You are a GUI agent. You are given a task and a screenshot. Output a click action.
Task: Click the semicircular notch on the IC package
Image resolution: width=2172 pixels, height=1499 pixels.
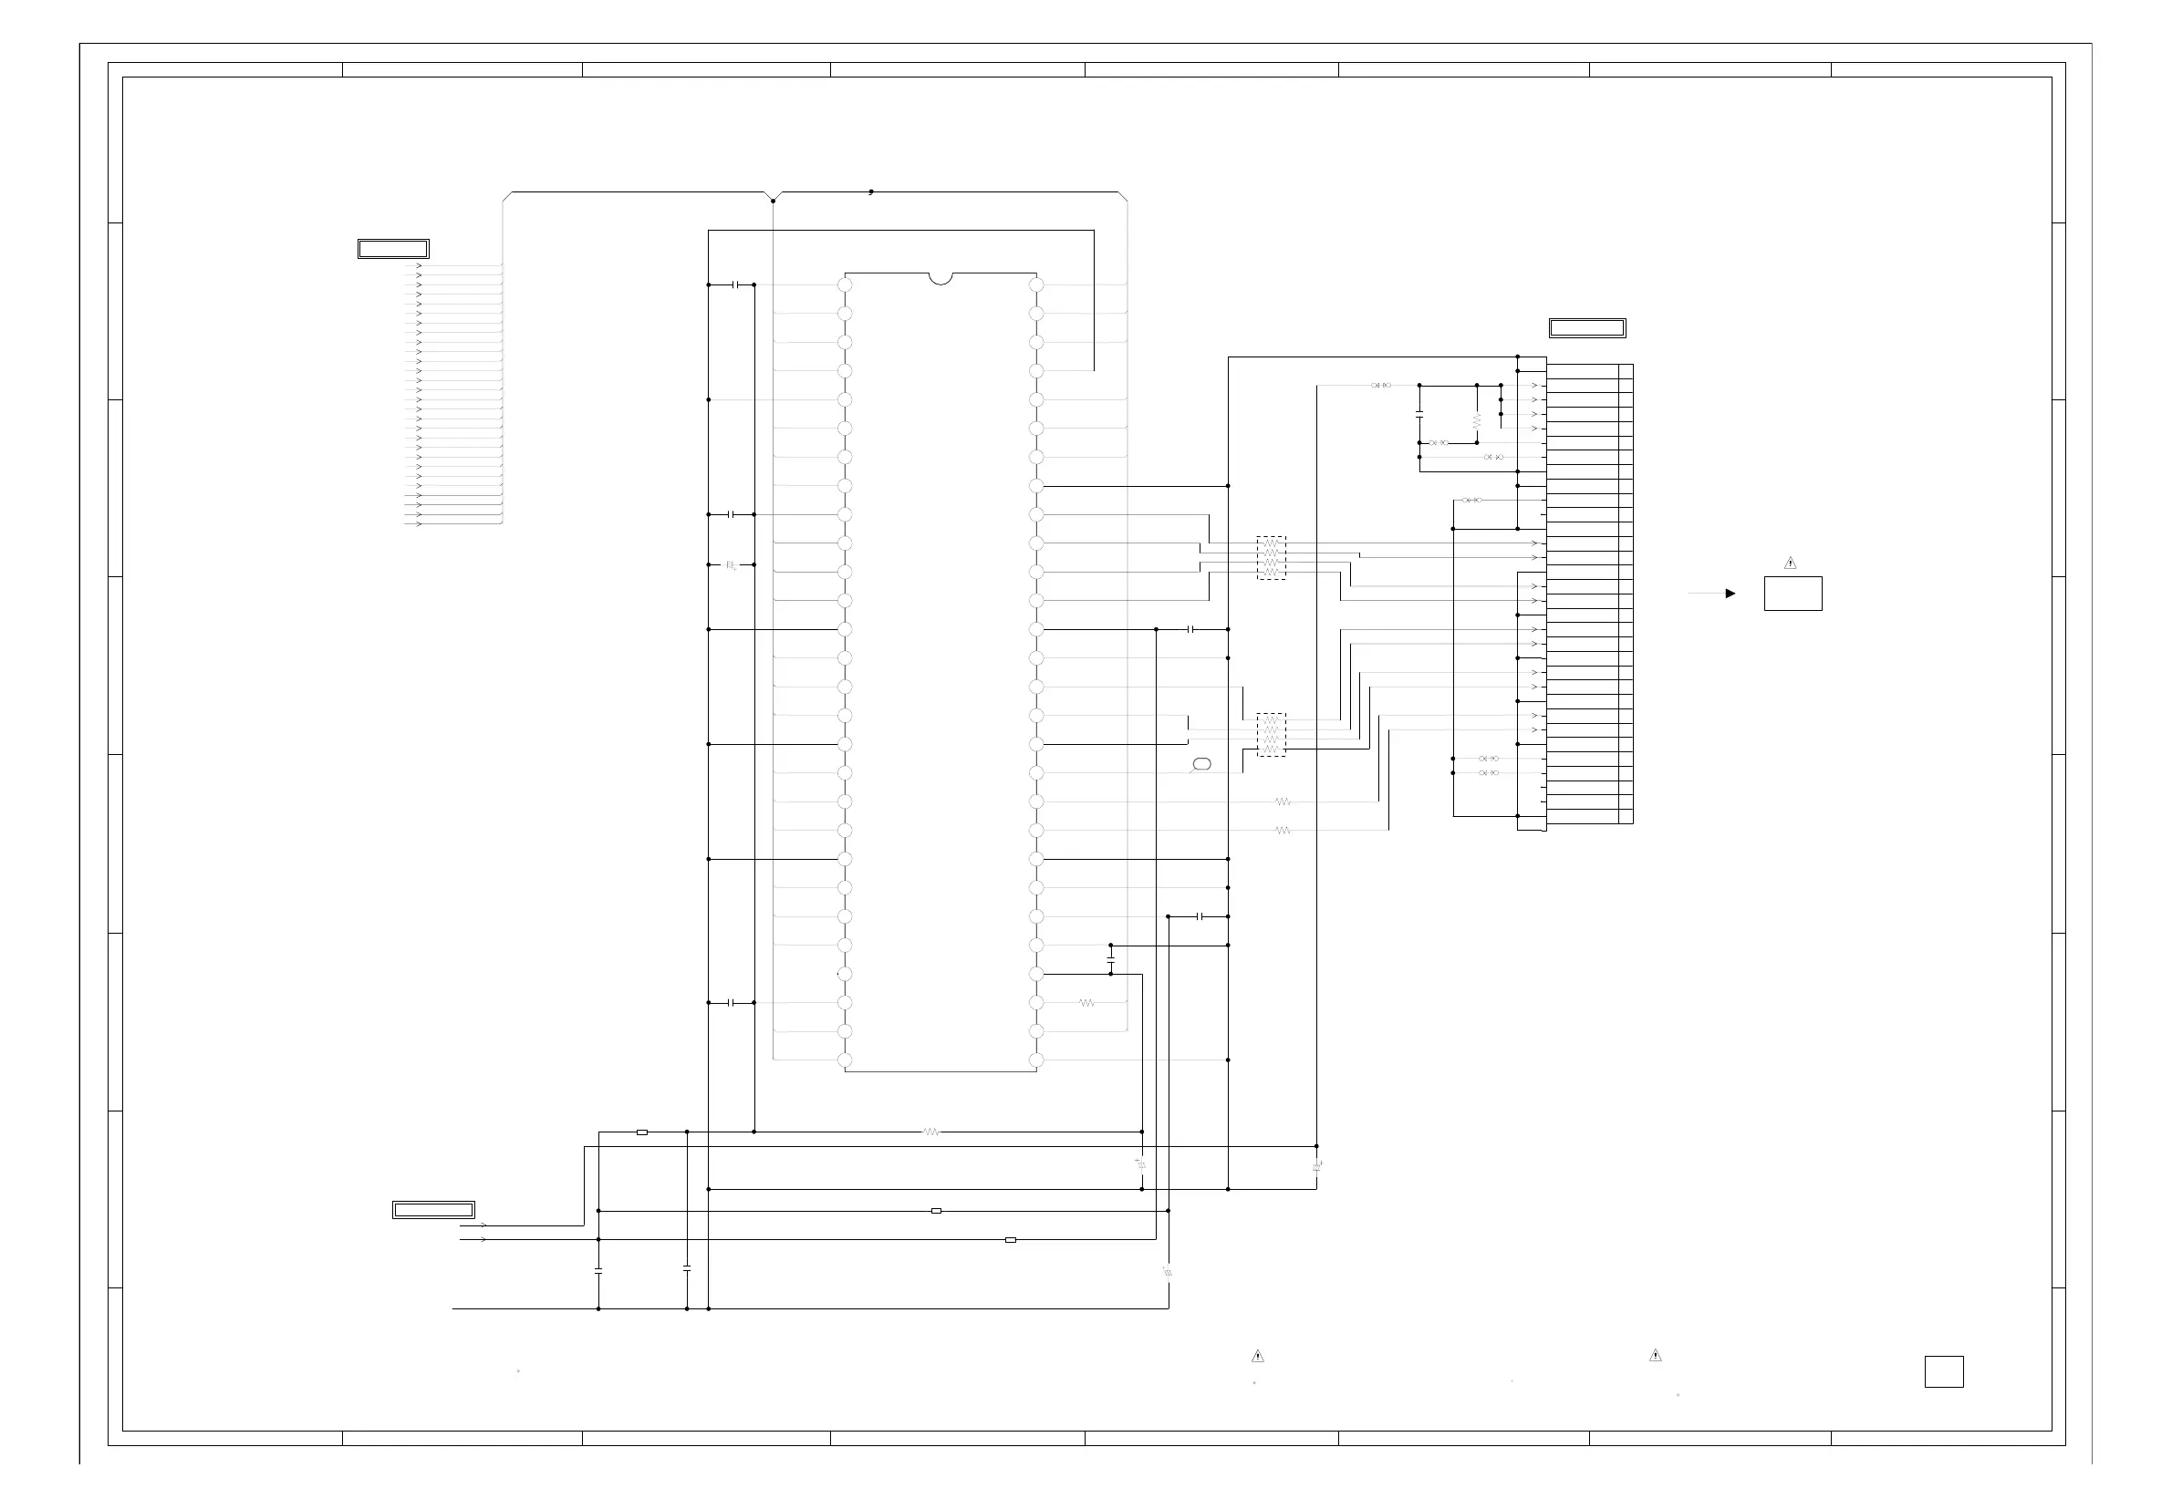(x=941, y=278)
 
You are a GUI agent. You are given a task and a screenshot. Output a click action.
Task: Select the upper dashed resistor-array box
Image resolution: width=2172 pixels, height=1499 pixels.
(x=1271, y=558)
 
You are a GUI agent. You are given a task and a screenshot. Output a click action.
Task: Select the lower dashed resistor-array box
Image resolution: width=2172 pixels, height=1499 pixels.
(x=1271, y=735)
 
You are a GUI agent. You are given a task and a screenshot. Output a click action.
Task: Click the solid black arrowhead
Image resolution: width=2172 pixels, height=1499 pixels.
(x=1730, y=594)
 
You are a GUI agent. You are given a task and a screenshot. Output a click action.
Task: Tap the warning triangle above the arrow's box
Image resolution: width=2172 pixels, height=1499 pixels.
(x=1791, y=563)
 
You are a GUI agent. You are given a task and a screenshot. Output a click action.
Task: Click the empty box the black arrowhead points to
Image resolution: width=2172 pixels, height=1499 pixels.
(x=1793, y=594)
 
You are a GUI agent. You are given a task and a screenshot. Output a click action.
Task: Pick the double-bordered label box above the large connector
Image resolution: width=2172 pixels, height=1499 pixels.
(x=1586, y=327)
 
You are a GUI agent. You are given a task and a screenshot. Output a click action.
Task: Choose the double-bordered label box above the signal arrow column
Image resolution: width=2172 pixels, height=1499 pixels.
(x=394, y=249)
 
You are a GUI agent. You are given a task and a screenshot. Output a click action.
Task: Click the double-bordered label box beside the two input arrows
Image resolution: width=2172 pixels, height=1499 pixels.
(x=433, y=1210)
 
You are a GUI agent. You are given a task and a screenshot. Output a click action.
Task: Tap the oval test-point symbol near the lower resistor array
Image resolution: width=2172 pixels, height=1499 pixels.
(x=1200, y=764)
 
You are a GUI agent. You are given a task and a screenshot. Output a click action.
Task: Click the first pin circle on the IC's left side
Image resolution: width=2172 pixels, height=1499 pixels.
(x=845, y=284)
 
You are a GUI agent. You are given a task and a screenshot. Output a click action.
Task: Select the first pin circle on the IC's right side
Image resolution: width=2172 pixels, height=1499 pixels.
(x=1036, y=284)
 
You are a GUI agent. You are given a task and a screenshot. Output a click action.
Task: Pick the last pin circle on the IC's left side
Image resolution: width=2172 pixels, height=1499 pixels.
(x=845, y=1060)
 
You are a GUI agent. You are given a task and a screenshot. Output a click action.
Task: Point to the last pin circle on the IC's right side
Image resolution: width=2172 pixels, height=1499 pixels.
(x=1036, y=1060)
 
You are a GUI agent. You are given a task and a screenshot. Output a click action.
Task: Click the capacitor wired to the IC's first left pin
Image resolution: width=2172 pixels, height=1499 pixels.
(x=737, y=284)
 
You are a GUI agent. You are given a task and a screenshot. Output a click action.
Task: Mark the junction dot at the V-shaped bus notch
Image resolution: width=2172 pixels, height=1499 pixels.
(x=774, y=201)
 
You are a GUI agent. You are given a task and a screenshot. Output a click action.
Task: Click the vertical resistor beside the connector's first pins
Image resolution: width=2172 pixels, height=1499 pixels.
(x=1477, y=419)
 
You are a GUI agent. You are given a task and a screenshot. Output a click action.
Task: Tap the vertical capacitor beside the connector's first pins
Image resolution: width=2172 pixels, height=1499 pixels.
(x=1419, y=414)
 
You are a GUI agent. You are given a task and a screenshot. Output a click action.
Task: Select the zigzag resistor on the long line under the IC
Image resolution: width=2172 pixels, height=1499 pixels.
(x=931, y=1132)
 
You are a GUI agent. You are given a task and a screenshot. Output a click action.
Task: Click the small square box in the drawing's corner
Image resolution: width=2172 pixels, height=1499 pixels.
(x=1944, y=1372)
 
